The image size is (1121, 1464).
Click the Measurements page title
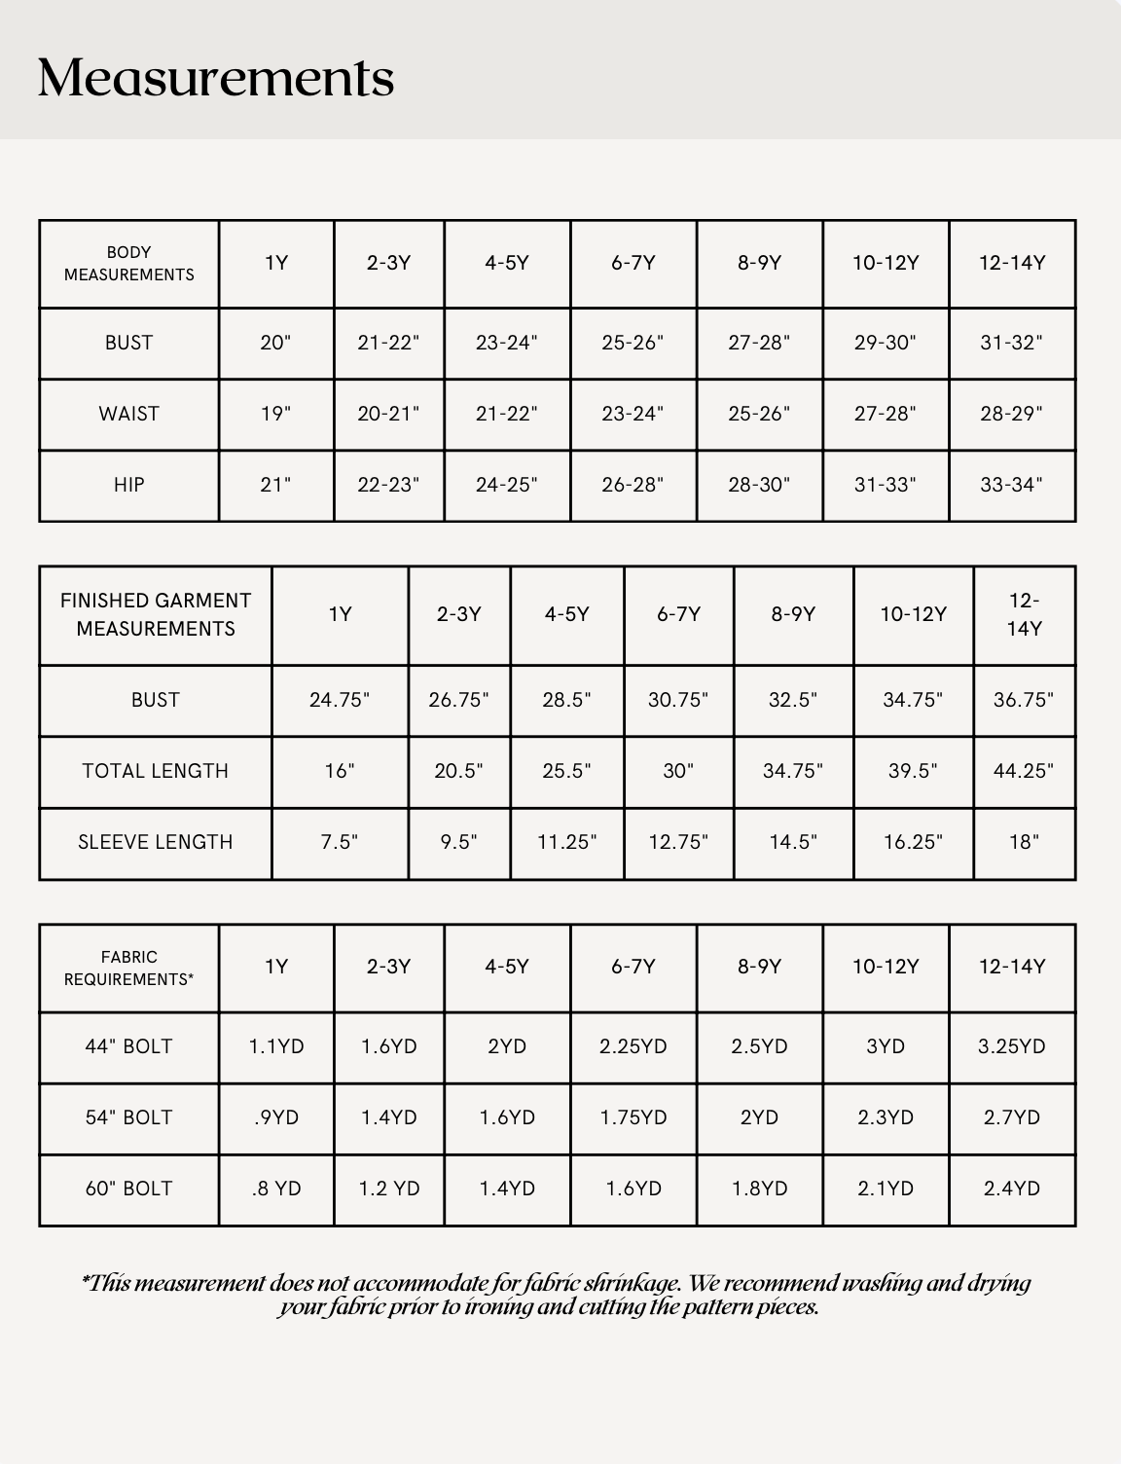(x=216, y=78)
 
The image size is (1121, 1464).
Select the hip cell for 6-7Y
(x=633, y=485)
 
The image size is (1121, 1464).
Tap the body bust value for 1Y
(x=275, y=343)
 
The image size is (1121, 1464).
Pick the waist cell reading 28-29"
(x=1011, y=414)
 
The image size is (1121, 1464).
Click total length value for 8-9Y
(x=793, y=771)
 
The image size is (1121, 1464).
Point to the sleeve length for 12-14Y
(x=1024, y=842)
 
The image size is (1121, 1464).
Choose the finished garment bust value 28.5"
(x=566, y=700)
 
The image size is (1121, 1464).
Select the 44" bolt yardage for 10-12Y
(x=886, y=1046)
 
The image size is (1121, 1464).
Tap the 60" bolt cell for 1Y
(x=276, y=1189)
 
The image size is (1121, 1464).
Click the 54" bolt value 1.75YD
(x=633, y=1117)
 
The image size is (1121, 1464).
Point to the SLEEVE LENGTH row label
(x=156, y=842)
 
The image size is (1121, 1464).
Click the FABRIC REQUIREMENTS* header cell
(x=129, y=968)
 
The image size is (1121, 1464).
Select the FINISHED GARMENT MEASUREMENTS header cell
(x=156, y=614)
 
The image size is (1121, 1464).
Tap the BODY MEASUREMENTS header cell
(x=129, y=264)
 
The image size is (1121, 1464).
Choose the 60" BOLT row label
(x=129, y=1189)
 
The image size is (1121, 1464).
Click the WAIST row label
(x=129, y=414)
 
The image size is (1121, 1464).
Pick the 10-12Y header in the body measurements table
(x=886, y=263)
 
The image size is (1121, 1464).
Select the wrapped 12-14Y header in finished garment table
(x=1024, y=614)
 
